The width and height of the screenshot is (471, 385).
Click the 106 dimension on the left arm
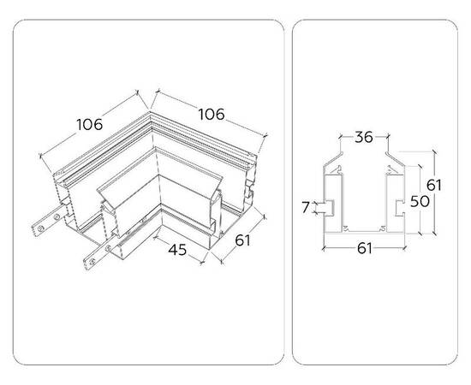coord(90,125)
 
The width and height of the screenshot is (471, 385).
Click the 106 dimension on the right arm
coord(212,115)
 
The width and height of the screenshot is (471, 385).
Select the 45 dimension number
coord(177,250)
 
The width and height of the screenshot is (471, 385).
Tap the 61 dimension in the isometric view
coord(242,240)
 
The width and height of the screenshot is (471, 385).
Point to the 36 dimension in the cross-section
coord(364,137)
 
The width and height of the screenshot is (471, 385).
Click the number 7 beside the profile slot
coord(306,207)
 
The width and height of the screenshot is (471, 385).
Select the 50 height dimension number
coord(420,201)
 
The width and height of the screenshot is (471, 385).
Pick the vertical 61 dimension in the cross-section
coord(434,185)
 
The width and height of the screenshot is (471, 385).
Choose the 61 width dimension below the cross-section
coord(364,249)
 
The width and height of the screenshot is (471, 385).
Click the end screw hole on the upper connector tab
coord(39,229)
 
